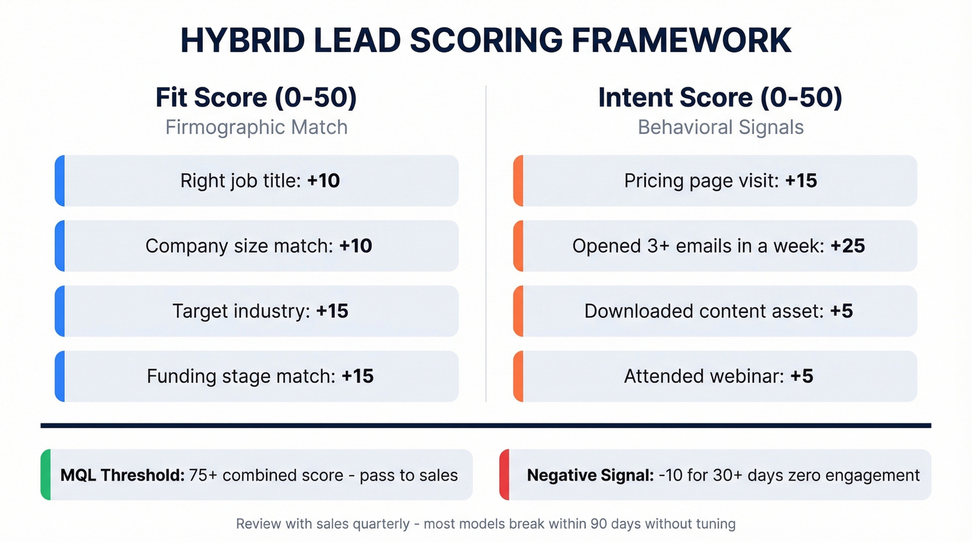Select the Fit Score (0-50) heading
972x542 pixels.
tap(256, 98)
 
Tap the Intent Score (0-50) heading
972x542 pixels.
tap(720, 98)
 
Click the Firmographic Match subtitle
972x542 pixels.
tap(256, 128)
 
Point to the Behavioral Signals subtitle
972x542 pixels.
tap(721, 128)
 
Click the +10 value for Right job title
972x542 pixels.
tap(324, 181)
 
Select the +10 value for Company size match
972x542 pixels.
tap(355, 246)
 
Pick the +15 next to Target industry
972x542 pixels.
tap(332, 311)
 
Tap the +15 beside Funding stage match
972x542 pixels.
tap(358, 376)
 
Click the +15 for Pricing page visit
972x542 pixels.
tap(801, 181)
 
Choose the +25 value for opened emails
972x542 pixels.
tap(848, 246)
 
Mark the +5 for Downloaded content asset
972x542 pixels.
tap(841, 311)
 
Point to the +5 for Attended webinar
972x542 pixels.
tap(802, 376)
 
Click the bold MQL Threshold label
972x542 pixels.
tap(122, 475)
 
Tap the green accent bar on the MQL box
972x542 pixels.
tap(46, 475)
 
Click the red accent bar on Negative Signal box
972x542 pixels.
tap(504, 475)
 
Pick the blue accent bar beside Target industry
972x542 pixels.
tap(60, 311)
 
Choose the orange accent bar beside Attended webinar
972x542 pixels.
tap(518, 376)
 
